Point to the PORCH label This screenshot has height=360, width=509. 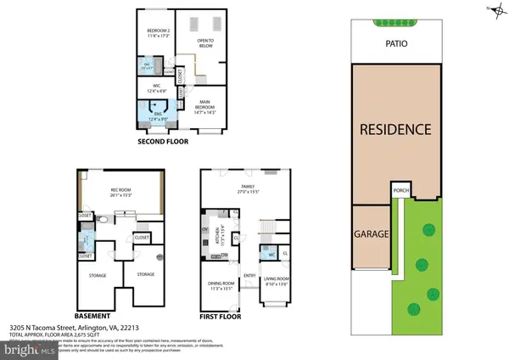(401, 190)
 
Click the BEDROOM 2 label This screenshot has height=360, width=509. (158, 32)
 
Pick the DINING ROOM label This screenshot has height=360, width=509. (219, 284)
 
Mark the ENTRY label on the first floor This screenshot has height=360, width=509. (249, 274)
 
